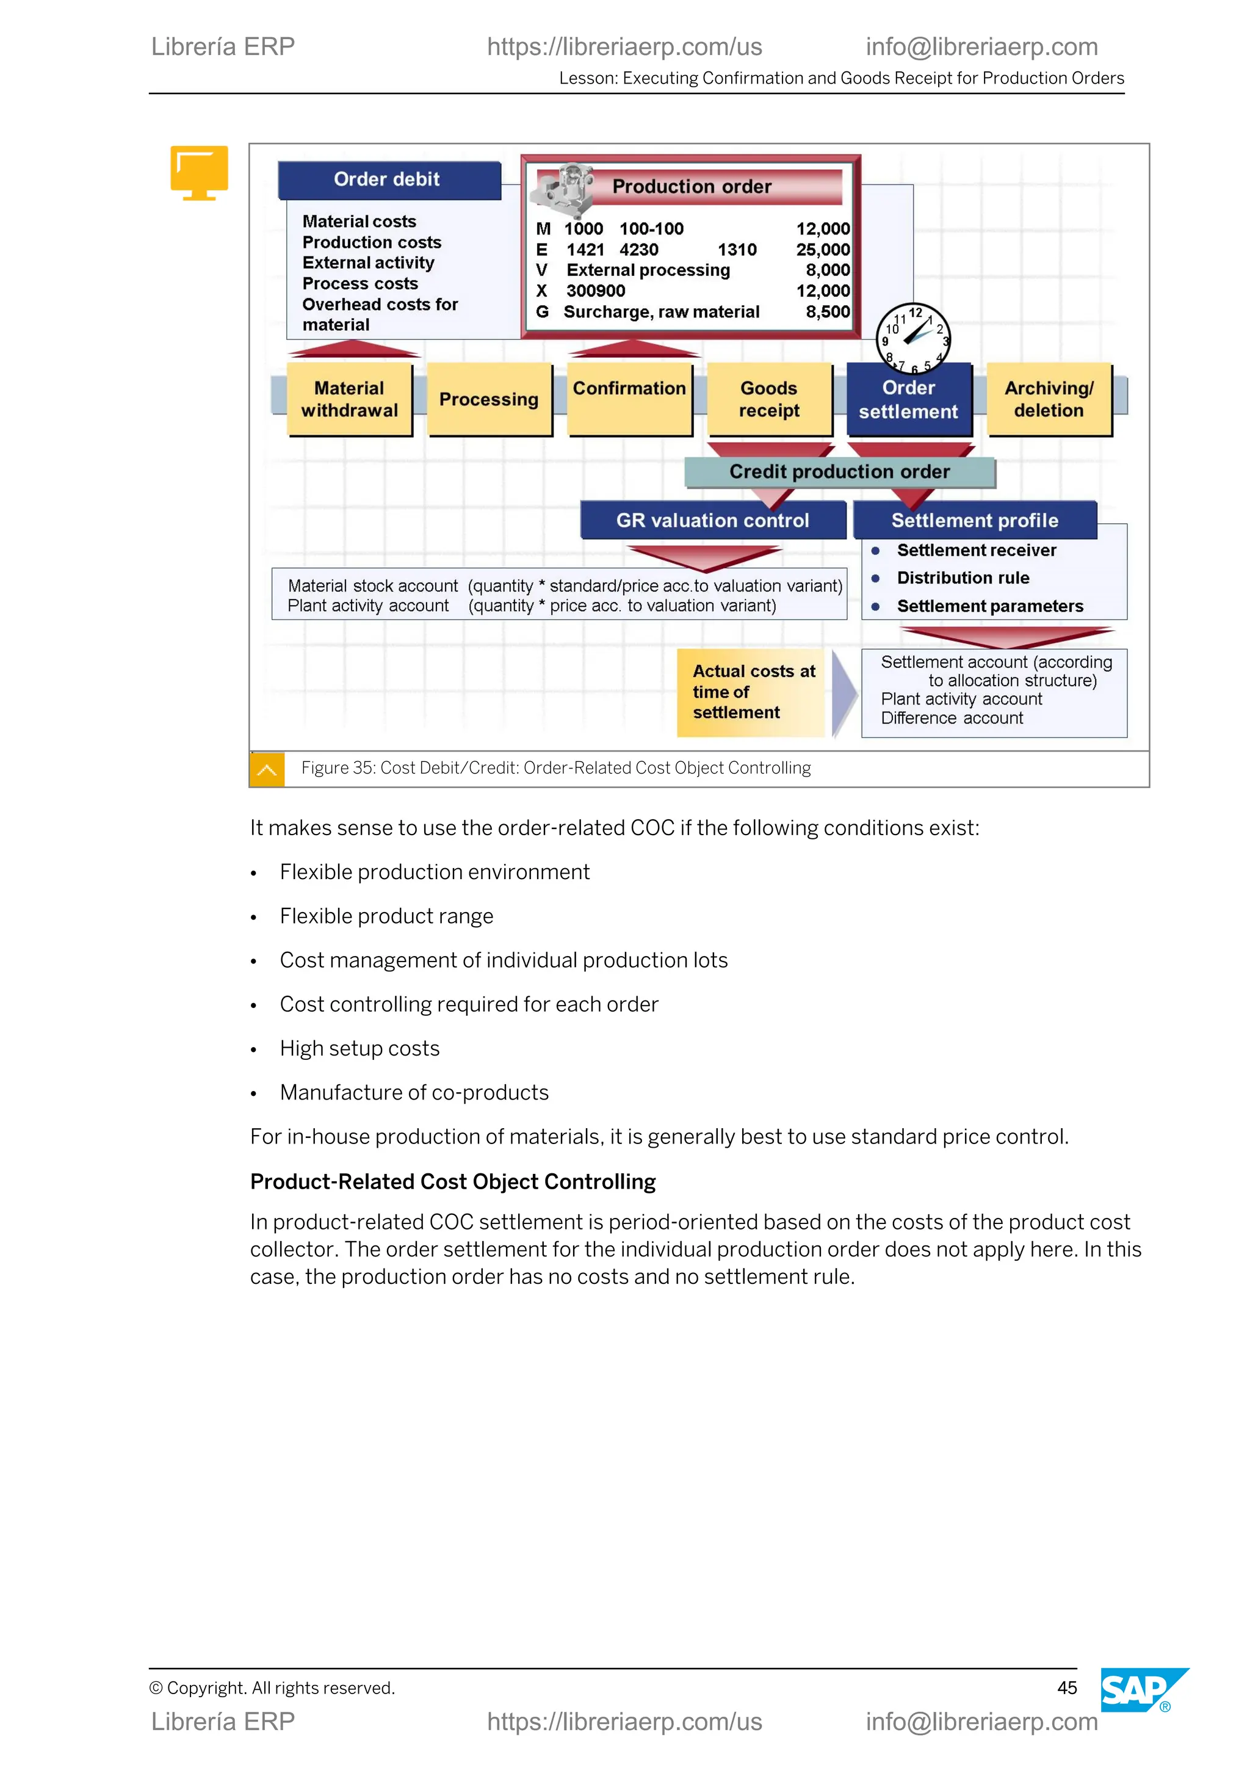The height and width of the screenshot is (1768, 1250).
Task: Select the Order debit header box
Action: coord(388,179)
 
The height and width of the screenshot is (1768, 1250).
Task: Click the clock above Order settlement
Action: coord(913,338)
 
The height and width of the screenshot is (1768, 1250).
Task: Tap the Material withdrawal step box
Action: coord(350,399)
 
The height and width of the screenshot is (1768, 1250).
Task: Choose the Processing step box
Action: coord(489,399)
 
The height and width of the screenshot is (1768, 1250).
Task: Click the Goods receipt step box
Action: coord(769,399)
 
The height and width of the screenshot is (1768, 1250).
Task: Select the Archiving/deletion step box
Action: coord(1049,399)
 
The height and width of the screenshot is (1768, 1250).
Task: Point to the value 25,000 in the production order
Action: coord(823,250)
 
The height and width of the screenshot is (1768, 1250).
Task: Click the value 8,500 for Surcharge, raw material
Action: coord(828,312)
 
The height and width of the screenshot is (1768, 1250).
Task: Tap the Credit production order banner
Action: coord(839,471)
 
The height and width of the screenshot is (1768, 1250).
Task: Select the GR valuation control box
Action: coord(712,521)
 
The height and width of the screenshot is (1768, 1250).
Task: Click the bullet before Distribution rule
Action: coord(875,578)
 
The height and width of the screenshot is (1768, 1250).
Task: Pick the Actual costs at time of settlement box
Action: coord(751,692)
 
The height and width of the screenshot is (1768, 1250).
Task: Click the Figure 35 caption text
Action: coord(556,768)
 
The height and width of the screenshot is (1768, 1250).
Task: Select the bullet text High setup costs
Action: coord(359,1048)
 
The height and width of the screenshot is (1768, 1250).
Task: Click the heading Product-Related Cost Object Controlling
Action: coord(453,1181)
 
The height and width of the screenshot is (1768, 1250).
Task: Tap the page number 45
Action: coord(1067,1687)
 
